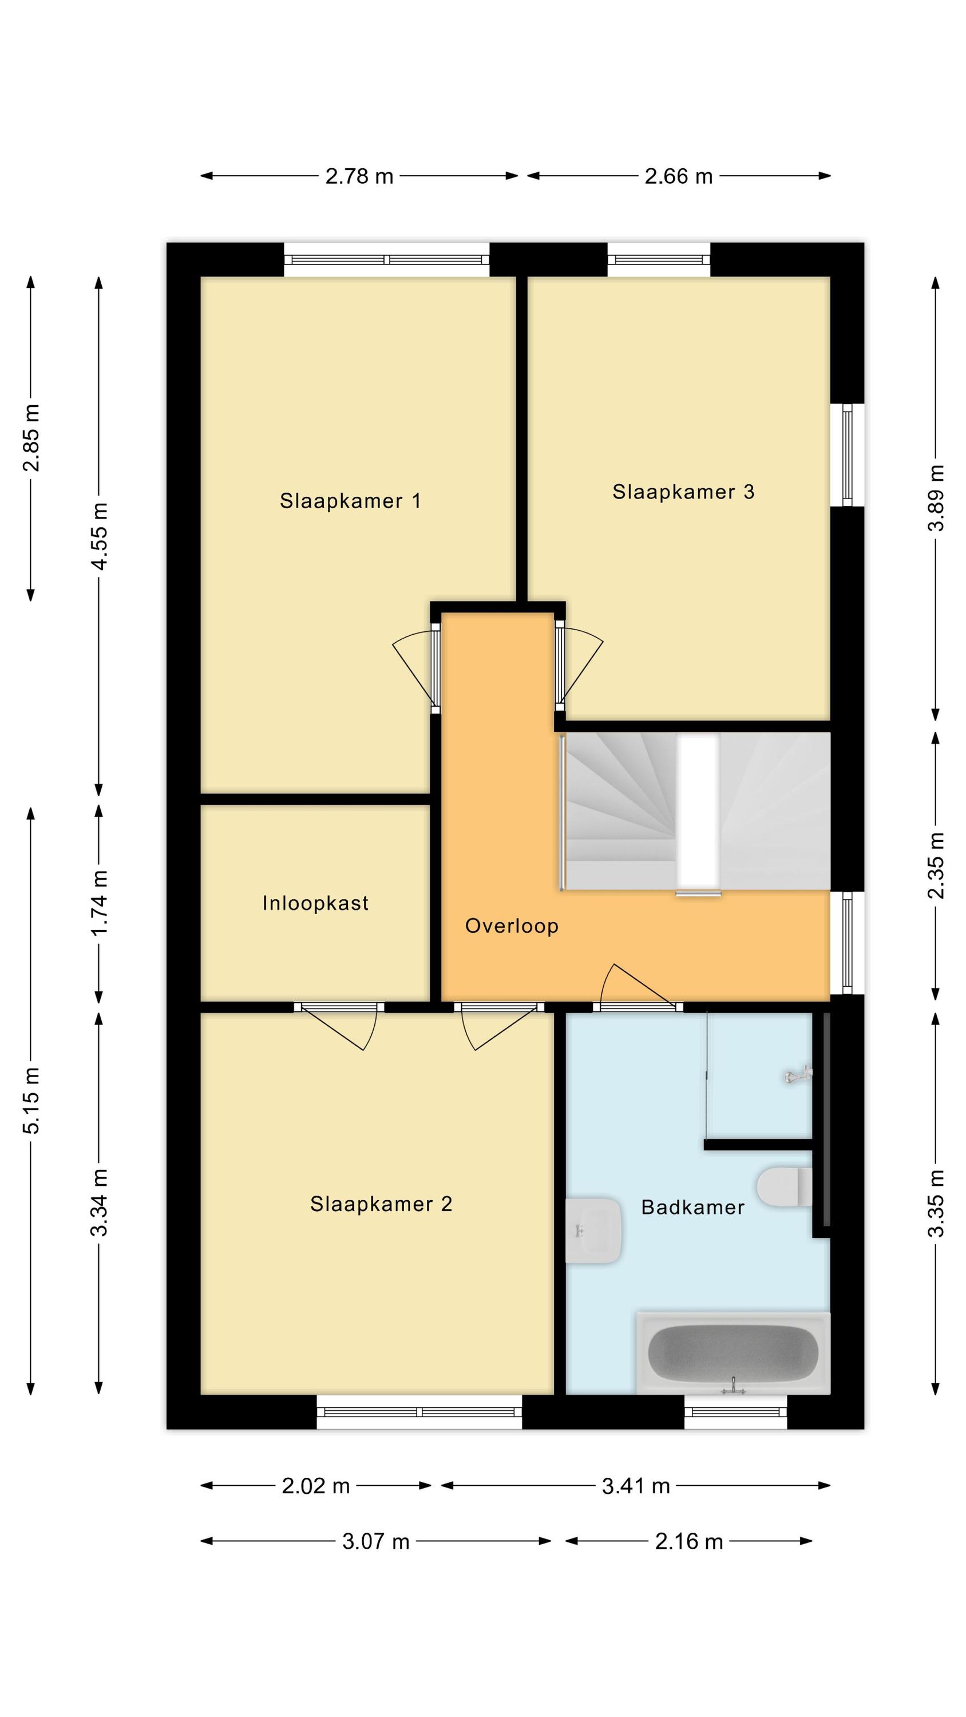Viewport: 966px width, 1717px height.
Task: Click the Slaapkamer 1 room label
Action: click(350, 501)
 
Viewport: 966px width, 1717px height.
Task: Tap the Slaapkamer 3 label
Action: click(683, 491)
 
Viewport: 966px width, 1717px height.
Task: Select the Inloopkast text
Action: click(315, 903)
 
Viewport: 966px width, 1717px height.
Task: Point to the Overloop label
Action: click(512, 926)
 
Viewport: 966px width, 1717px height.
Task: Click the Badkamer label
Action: click(692, 1207)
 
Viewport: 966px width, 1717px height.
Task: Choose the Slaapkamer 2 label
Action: click(381, 1204)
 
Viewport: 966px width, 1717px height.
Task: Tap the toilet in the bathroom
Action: click(785, 1187)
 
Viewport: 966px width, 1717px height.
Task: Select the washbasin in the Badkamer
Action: click(593, 1231)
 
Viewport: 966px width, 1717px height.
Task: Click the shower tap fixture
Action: click(798, 1075)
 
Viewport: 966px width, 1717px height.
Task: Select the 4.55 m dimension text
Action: click(100, 537)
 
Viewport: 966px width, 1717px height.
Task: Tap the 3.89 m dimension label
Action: click(936, 498)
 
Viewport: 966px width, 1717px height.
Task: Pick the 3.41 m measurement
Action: click(635, 1486)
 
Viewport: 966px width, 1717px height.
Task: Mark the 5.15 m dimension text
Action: click(31, 1101)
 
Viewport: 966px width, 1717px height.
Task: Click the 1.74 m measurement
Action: click(100, 903)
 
